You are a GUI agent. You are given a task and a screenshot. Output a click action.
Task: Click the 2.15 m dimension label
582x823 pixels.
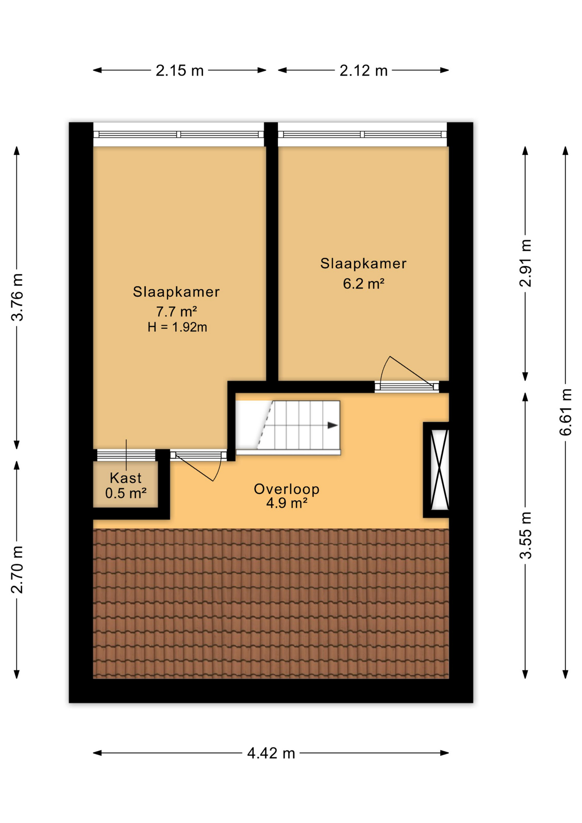coord(180,70)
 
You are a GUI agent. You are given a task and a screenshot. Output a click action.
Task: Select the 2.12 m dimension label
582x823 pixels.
coord(363,70)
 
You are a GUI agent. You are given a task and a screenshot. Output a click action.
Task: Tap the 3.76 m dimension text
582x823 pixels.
coord(18,297)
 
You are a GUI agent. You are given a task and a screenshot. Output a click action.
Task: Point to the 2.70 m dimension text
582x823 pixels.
coord(18,569)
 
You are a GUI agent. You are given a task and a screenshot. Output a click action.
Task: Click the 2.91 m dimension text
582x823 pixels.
coord(525,263)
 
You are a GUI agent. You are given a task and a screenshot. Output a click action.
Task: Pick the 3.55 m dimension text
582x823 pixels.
coord(525,535)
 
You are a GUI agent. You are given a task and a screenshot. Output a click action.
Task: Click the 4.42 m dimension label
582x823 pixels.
coord(271,753)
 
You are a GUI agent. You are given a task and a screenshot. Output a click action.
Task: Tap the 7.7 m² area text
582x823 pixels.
coord(176,311)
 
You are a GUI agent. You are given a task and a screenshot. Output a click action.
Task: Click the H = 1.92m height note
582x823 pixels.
coord(177,327)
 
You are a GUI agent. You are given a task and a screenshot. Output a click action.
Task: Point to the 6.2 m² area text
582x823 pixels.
coord(363,283)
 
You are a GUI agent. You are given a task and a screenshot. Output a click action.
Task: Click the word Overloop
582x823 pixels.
coord(286,489)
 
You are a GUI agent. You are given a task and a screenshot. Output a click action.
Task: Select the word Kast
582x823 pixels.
coord(126,478)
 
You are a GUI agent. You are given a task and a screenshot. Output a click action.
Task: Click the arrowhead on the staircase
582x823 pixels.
coord(333,425)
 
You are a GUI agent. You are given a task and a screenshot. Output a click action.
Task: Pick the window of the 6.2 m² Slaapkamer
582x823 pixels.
coord(363,134)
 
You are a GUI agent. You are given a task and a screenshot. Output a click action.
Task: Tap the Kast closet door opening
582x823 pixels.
coord(126,455)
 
